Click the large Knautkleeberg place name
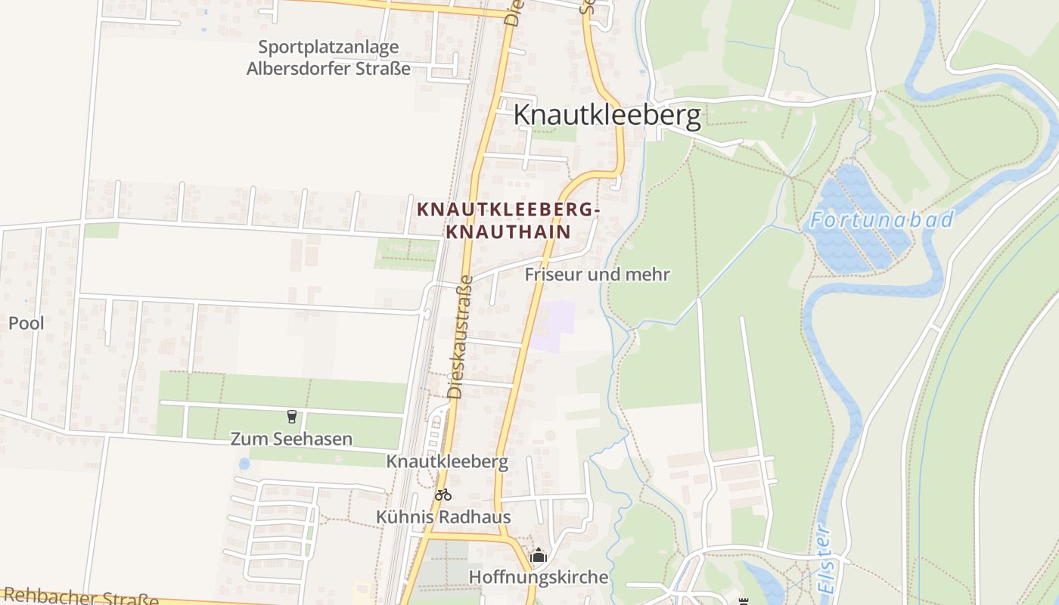pos(607,115)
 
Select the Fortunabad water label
pos(881,220)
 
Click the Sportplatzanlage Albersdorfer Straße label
pos(328,57)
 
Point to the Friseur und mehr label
pos(598,274)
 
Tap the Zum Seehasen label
pos(291,439)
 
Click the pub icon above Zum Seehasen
pos(291,416)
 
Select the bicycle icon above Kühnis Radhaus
pos(443,495)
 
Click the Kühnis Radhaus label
pos(443,517)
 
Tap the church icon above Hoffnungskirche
pos(539,556)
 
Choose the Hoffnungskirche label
pos(539,577)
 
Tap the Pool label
pos(26,323)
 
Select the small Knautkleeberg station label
pos(447,461)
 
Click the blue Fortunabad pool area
pos(859,227)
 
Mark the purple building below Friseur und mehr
pos(554,325)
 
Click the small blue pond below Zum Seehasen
pos(244,463)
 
